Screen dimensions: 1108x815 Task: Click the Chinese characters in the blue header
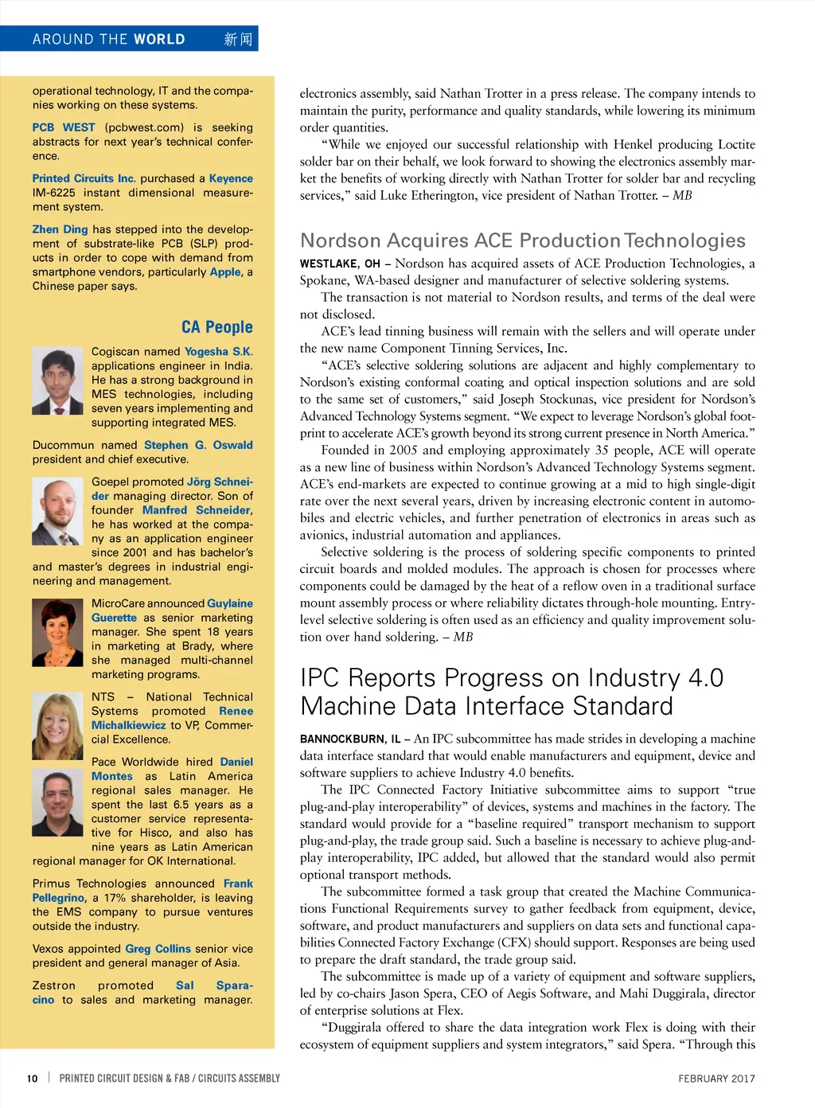pyautogui.click(x=237, y=39)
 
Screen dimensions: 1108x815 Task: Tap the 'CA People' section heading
pyautogui.click(x=216, y=327)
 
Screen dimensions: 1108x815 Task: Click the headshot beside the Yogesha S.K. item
pyautogui.click(x=57, y=380)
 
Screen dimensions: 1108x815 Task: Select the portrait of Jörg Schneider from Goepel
pyautogui.click(x=57, y=510)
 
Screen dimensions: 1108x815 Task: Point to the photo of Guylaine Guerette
pyautogui.click(x=57, y=633)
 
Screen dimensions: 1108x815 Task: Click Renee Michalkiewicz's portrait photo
pyautogui.click(x=57, y=725)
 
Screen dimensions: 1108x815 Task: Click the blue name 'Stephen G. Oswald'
pyautogui.click(x=198, y=445)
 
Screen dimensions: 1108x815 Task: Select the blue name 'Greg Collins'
pyautogui.click(x=158, y=949)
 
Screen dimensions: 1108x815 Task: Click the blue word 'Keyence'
pyautogui.click(x=231, y=178)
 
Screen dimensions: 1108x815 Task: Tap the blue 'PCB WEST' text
pyautogui.click(x=64, y=127)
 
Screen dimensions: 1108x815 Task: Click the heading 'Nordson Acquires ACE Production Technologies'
pyautogui.click(x=522, y=240)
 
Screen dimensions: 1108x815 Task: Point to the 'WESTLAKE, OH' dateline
pyautogui.click(x=339, y=263)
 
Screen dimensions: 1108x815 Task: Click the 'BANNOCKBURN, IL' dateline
pyautogui.click(x=350, y=739)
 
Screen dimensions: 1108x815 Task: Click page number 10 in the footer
pyautogui.click(x=32, y=1079)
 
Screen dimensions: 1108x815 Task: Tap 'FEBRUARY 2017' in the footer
pyautogui.click(x=716, y=1079)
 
